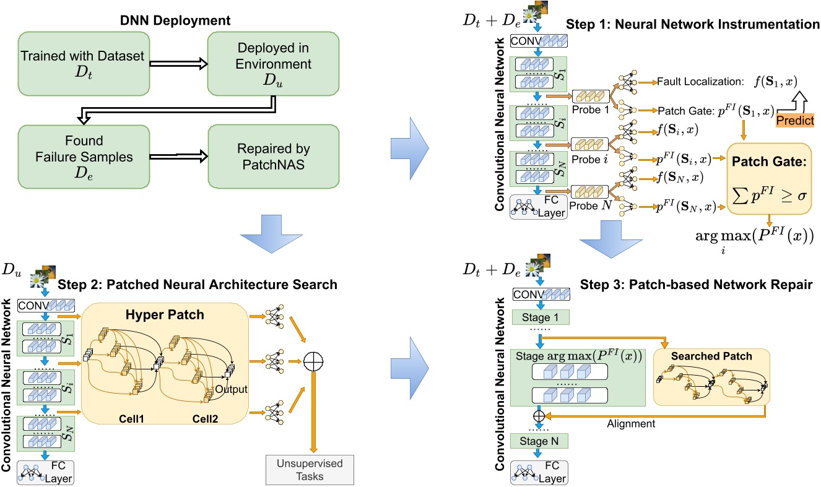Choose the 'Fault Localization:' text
[x=697, y=80]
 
